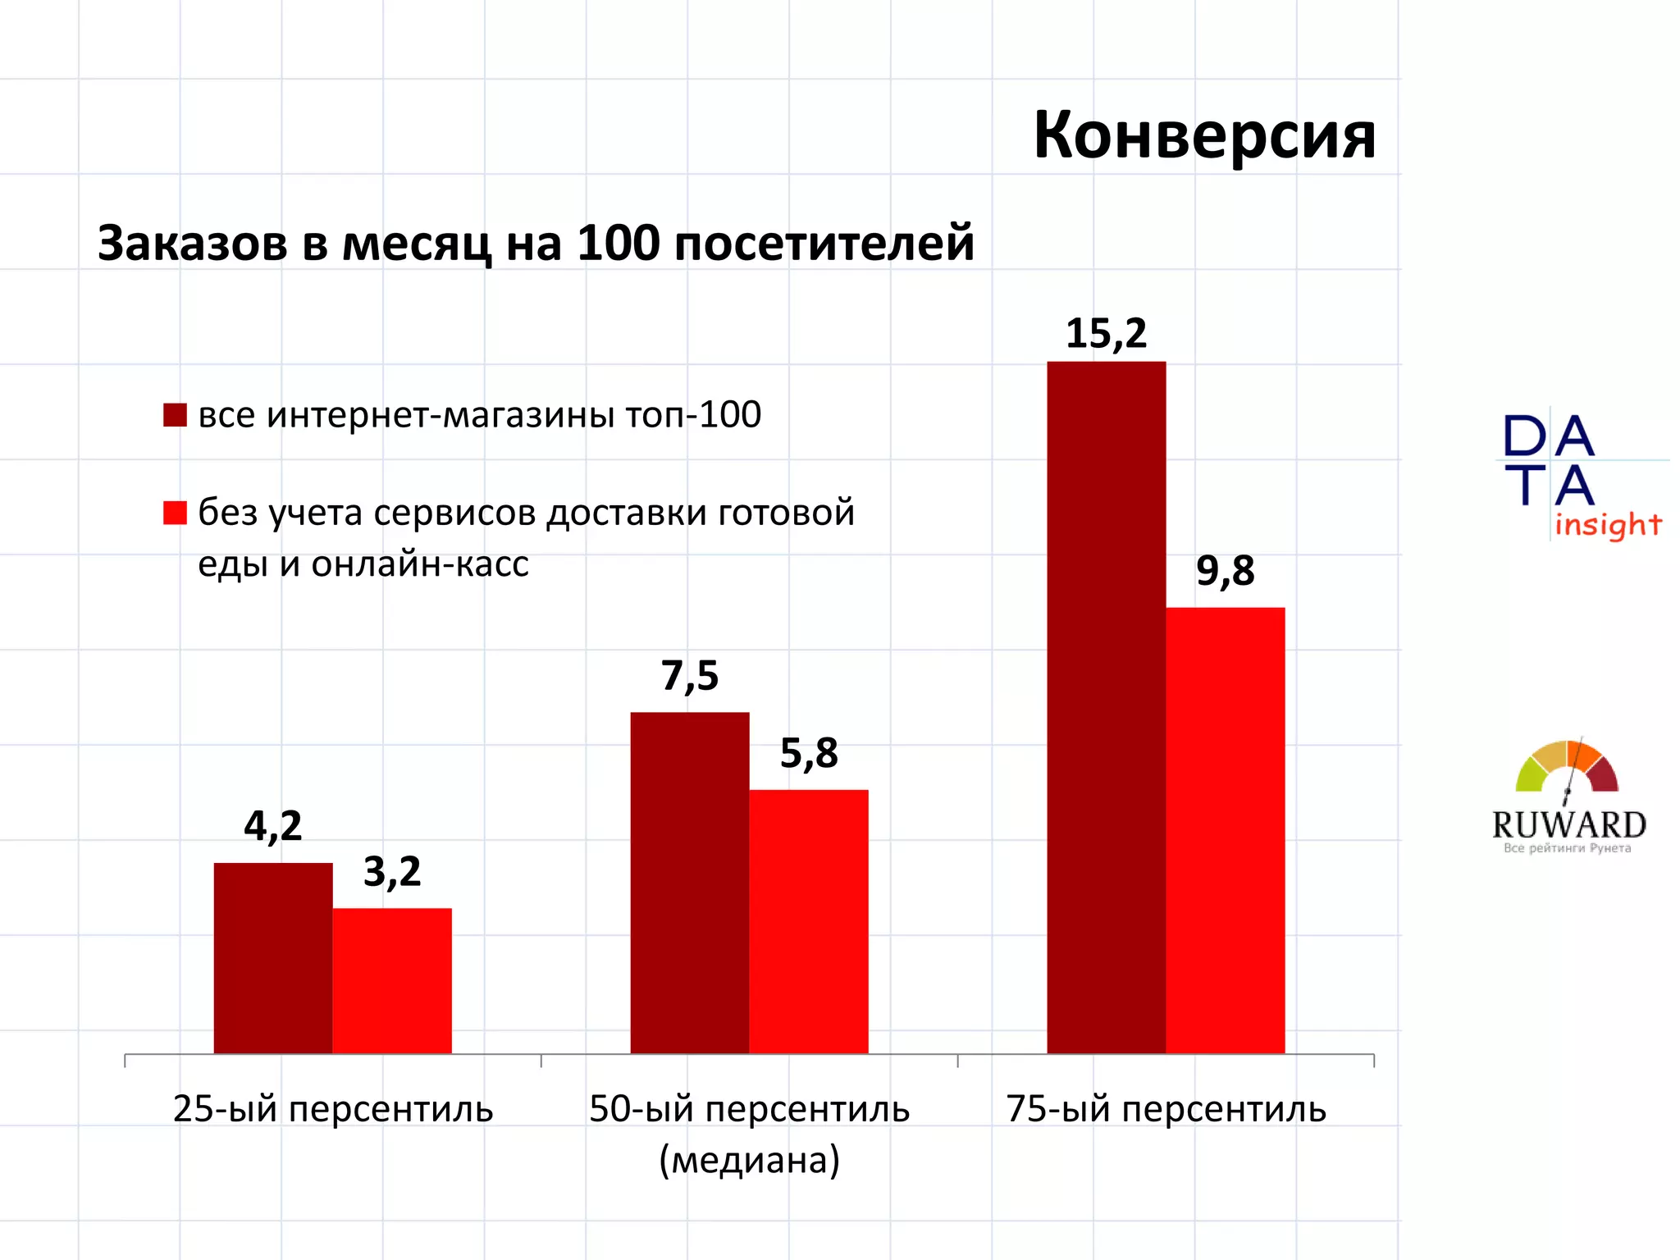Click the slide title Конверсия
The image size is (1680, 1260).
(x=1203, y=135)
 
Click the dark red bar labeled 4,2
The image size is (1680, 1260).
(x=273, y=957)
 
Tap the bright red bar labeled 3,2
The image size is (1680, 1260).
(x=392, y=980)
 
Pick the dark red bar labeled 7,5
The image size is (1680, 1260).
(x=689, y=882)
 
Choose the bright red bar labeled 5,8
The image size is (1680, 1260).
(x=808, y=920)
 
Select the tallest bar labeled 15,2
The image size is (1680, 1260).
(x=1106, y=707)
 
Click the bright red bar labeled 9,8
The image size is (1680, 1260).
(x=1225, y=830)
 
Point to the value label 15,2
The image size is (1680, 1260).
(x=1106, y=334)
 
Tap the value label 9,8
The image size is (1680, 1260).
(x=1225, y=571)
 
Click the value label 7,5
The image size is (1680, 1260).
(x=689, y=677)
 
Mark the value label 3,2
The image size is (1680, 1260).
(x=392, y=872)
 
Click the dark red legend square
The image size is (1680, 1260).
(x=175, y=415)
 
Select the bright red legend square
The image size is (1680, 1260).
(x=175, y=513)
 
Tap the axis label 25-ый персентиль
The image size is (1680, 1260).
(x=333, y=1109)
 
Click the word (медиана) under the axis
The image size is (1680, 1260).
(x=749, y=1160)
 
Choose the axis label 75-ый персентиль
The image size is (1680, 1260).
(x=1166, y=1109)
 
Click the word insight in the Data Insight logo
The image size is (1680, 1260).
(x=1607, y=525)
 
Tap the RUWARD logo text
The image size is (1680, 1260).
(x=1568, y=824)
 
